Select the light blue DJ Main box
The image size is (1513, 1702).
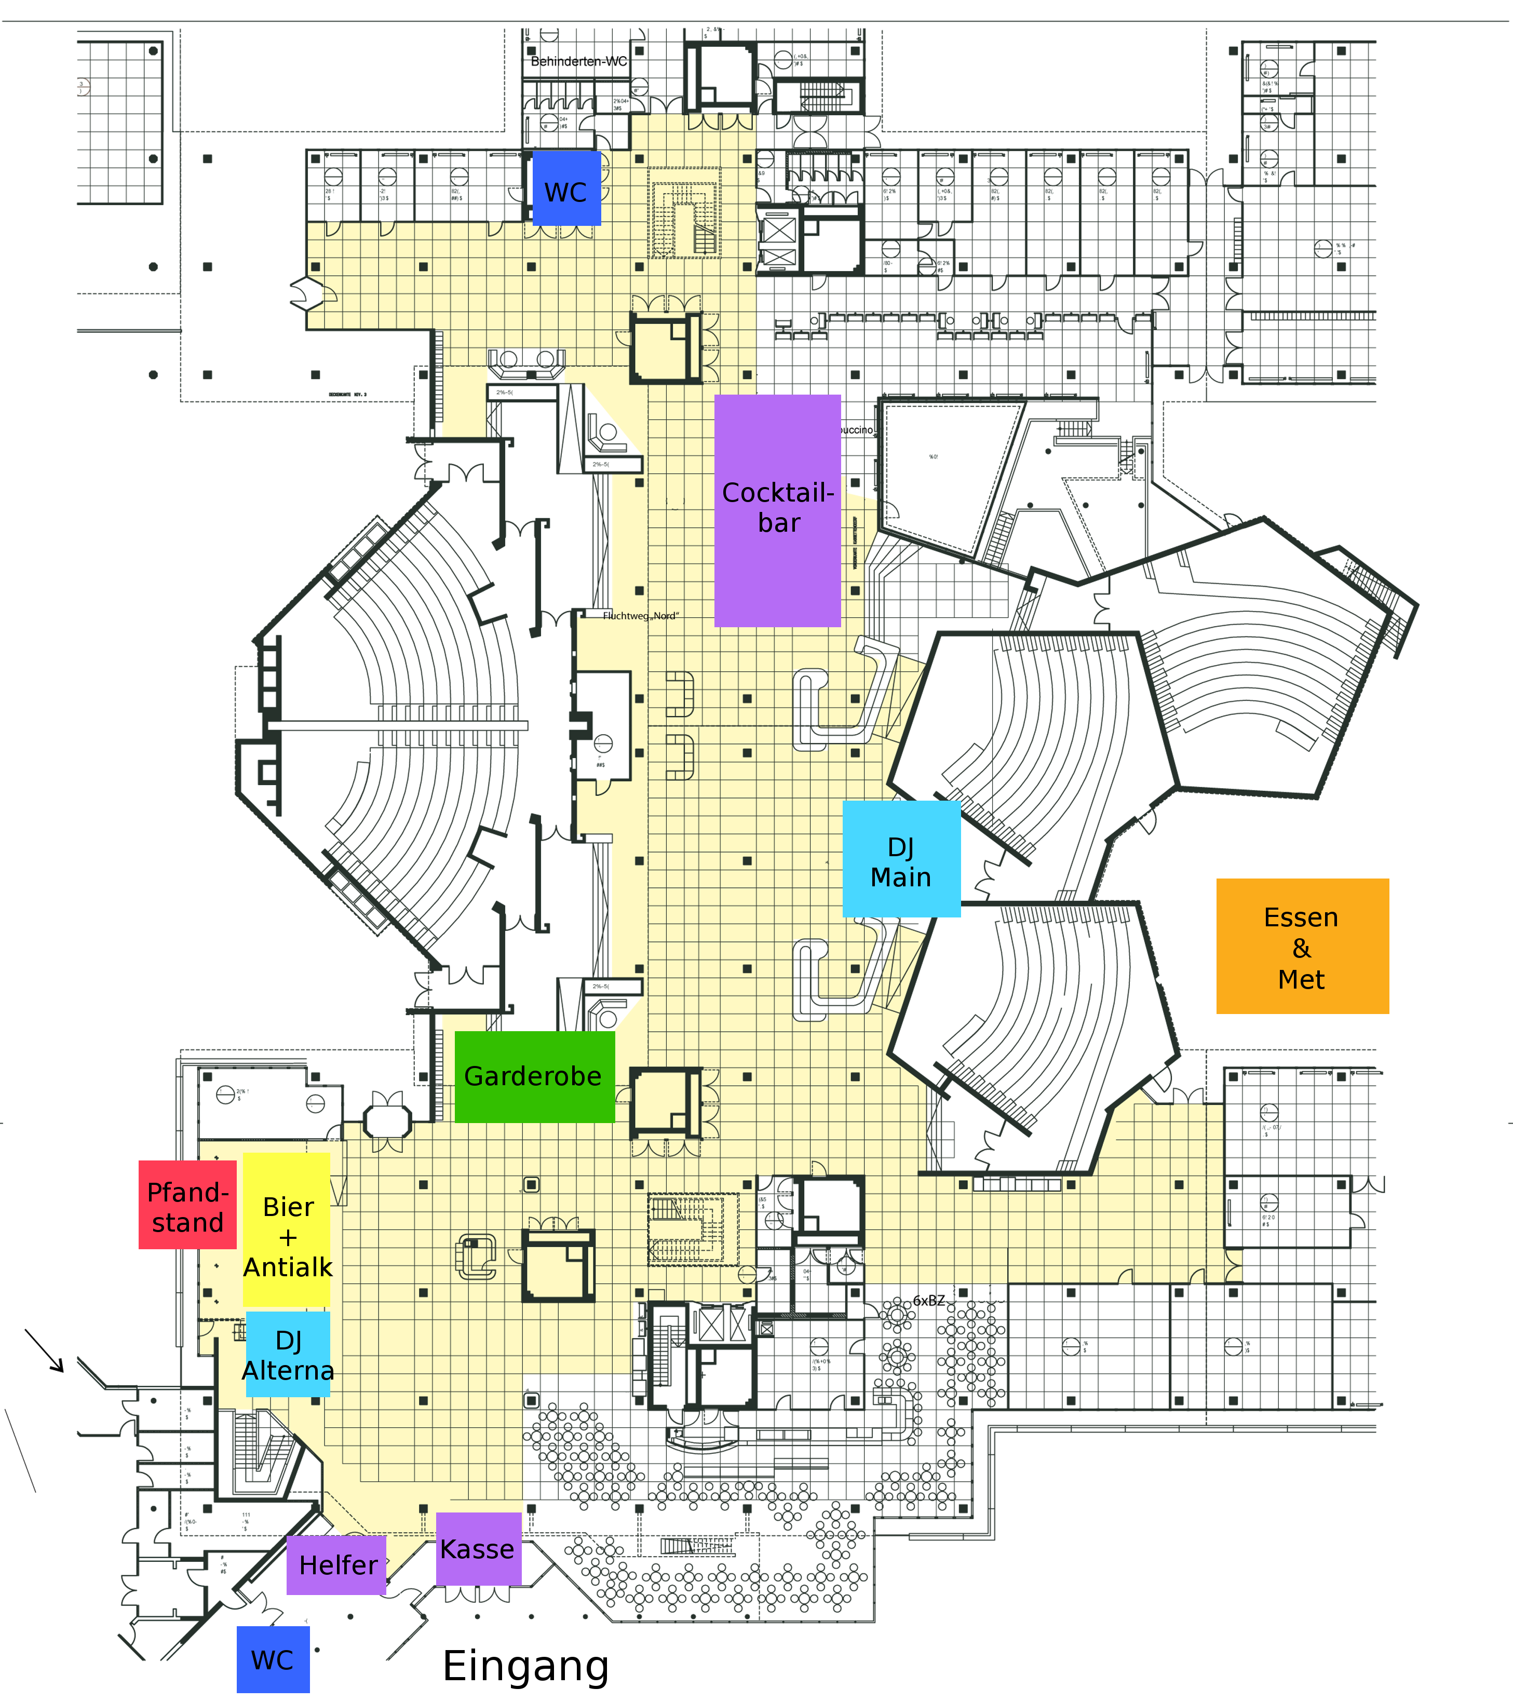901,858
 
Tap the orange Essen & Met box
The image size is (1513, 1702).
1302,946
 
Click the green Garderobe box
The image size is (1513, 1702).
534,1077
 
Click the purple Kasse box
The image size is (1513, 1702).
478,1549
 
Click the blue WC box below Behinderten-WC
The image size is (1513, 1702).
566,188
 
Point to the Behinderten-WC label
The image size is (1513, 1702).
579,62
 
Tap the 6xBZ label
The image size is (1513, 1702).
928,1301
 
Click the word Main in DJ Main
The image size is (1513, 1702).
901,877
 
